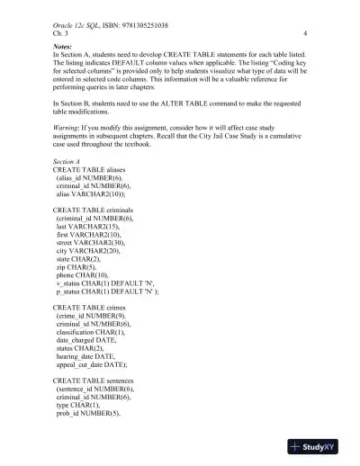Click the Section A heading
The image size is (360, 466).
(69, 184)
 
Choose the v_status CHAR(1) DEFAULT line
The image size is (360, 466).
(105, 310)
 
